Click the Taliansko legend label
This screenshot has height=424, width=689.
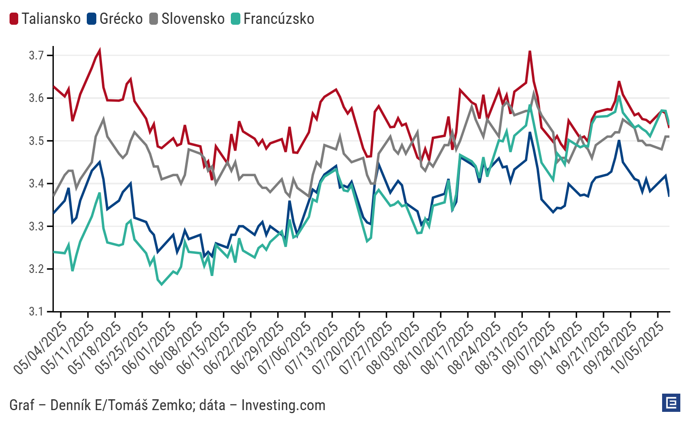pyautogui.click(x=51, y=19)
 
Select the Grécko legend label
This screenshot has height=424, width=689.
pyautogui.click(x=121, y=19)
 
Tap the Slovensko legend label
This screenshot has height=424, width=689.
pyautogui.click(x=193, y=19)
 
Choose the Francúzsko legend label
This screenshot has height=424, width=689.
pyautogui.click(x=279, y=19)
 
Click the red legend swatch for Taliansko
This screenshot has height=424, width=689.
pyautogui.click(x=14, y=19)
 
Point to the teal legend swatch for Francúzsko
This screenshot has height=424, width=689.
pyautogui.click(x=236, y=19)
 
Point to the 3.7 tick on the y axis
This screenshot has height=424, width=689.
pyautogui.click(x=36, y=56)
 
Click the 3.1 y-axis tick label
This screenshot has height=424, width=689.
pyautogui.click(x=36, y=312)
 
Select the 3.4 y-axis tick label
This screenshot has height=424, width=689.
pyautogui.click(x=36, y=184)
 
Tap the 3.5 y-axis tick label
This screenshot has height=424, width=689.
pyautogui.click(x=36, y=141)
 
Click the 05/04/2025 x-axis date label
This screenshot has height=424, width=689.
pyautogui.click(x=40, y=348)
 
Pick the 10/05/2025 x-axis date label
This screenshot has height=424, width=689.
pyautogui.click(x=637, y=348)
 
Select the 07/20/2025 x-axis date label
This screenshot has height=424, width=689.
pyautogui.click(x=339, y=348)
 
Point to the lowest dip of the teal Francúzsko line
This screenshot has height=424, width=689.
pyautogui.click(x=162, y=284)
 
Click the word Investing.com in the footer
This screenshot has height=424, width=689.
pyautogui.click(x=283, y=405)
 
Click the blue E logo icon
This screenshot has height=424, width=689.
pyautogui.click(x=671, y=403)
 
